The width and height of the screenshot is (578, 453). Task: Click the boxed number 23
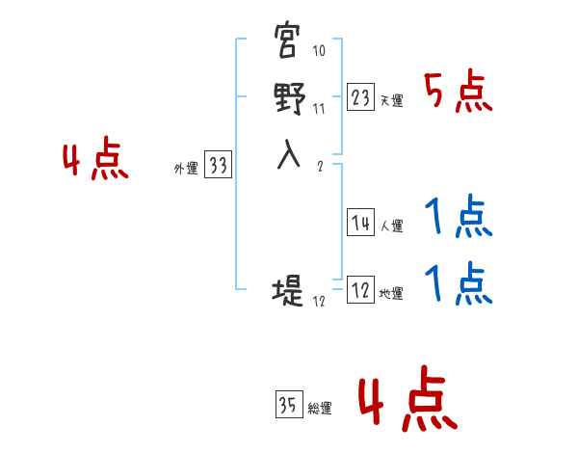click(x=361, y=97)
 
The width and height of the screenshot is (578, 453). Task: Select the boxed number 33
click(x=219, y=166)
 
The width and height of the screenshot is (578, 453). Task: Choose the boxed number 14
click(x=361, y=223)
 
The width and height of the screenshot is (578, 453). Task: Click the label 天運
click(x=391, y=100)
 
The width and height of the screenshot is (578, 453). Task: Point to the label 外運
click(x=185, y=169)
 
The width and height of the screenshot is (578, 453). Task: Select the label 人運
click(x=391, y=226)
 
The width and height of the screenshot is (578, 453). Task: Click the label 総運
click(x=320, y=409)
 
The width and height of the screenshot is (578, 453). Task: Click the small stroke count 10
click(x=319, y=51)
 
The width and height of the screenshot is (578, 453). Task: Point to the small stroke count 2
click(x=319, y=165)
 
